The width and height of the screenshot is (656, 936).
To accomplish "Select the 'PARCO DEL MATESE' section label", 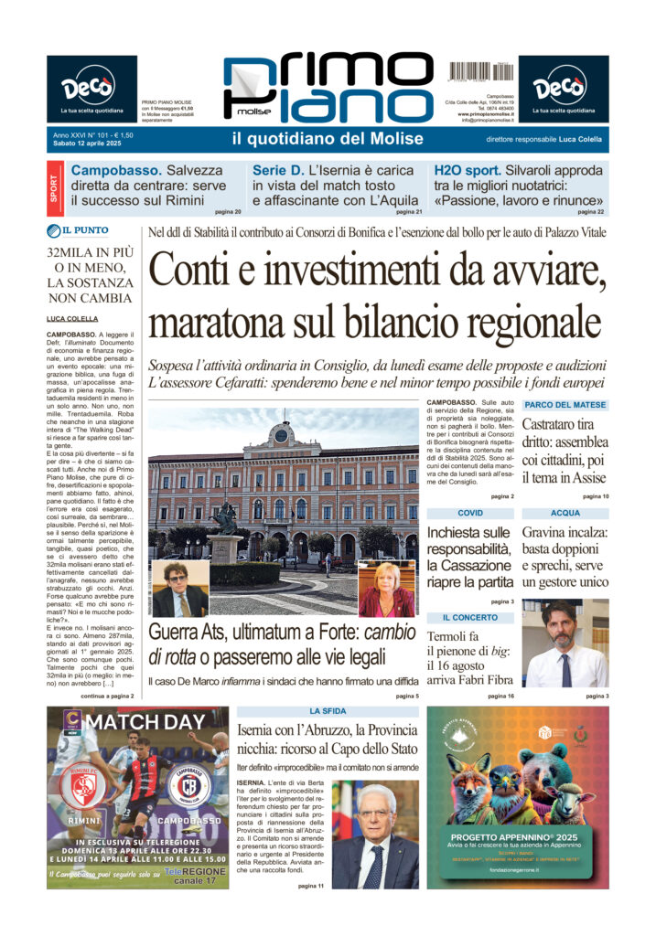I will [x=565, y=405].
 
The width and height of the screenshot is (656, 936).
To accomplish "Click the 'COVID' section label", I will [x=470, y=514].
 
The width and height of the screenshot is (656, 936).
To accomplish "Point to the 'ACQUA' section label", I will [x=565, y=514].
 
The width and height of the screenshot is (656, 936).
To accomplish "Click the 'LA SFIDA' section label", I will [x=328, y=710].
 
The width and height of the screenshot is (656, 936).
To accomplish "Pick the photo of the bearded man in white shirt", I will [x=565, y=644].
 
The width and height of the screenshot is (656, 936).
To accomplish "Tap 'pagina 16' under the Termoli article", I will [x=500, y=696].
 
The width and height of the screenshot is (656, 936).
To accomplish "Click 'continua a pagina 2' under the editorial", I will [x=107, y=696].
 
